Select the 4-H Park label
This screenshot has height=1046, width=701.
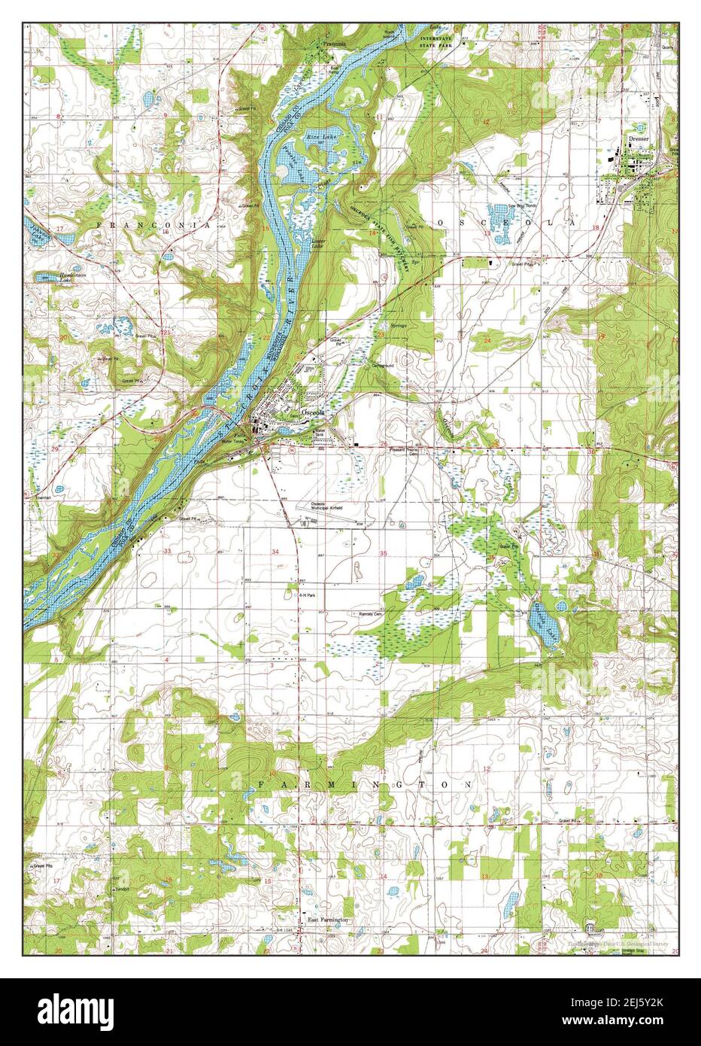pos(306,594)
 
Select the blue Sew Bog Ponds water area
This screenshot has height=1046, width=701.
pos(499,220)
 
